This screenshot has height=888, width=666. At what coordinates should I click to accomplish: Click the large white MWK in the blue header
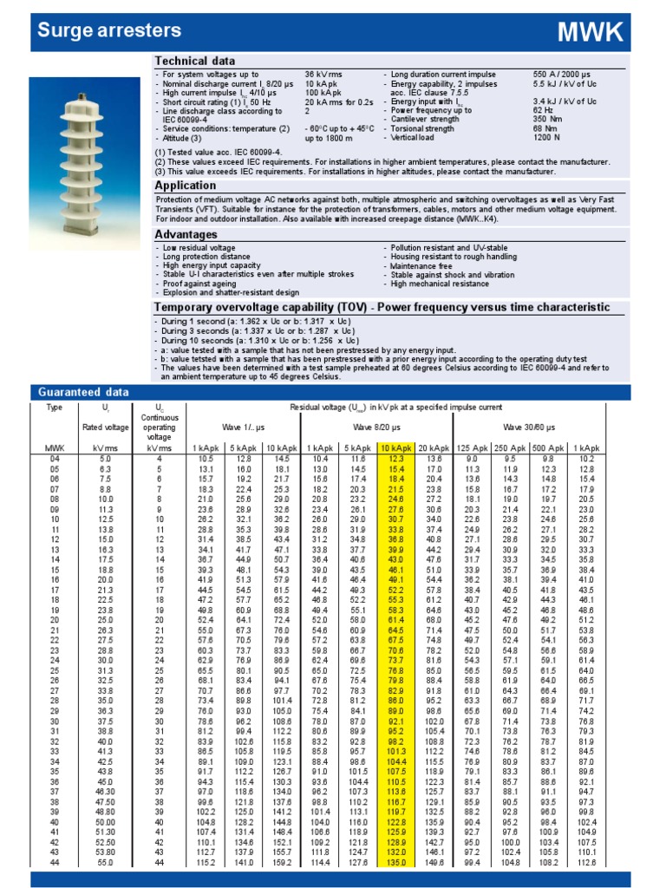tap(590, 33)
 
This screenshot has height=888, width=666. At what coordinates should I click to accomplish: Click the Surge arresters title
tap(109, 31)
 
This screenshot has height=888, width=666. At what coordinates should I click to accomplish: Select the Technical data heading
tap(194, 61)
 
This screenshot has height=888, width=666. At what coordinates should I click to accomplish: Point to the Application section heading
tap(186, 186)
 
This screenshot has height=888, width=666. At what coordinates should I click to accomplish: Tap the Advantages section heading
tap(186, 235)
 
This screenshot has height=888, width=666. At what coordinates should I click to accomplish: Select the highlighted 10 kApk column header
tap(395, 447)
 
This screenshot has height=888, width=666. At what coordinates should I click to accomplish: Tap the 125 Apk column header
tap(472, 447)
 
